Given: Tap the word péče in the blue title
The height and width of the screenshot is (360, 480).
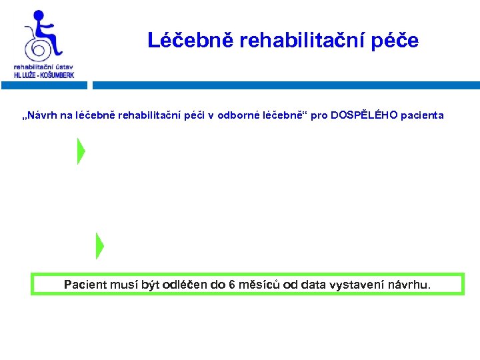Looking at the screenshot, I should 397,41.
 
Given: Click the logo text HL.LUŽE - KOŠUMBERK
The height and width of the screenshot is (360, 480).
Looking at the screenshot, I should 44,75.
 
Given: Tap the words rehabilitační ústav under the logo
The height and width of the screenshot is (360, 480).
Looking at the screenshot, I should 44,67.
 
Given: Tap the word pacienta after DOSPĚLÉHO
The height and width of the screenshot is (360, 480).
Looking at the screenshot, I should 423,115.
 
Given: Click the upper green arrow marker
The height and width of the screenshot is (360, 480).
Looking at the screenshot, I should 81,151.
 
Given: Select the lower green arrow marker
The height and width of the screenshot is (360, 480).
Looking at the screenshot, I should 99,245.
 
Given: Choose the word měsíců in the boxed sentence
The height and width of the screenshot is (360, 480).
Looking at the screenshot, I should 259,285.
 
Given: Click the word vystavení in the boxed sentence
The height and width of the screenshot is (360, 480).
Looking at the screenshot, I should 361,285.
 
